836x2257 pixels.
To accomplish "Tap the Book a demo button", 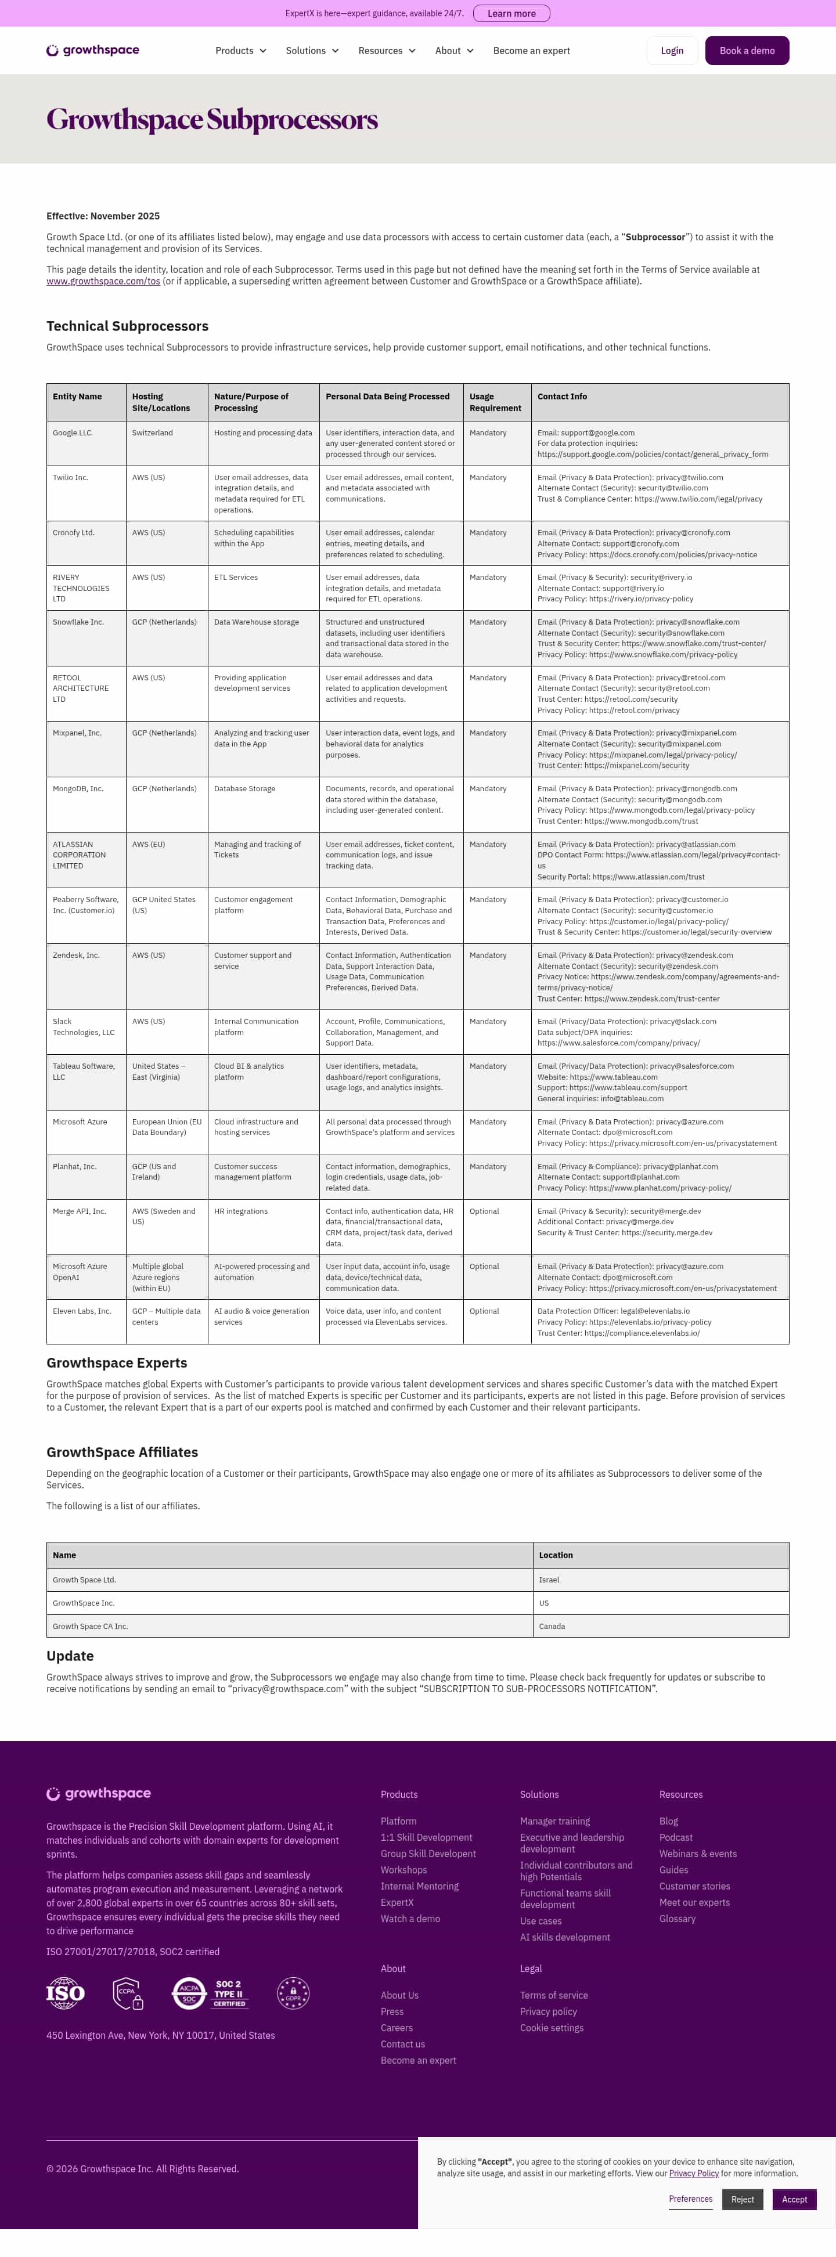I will click(x=747, y=51).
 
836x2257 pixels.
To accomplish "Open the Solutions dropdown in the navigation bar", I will click(x=312, y=51).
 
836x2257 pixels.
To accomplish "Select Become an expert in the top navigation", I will click(x=531, y=51).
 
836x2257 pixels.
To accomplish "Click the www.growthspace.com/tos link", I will click(x=103, y=281).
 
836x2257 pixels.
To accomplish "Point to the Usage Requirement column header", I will click(x=495, y=402).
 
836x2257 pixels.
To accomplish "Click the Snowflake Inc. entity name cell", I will click(x=78, y=622).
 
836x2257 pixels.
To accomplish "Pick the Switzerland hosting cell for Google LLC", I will click(x=153, y=433).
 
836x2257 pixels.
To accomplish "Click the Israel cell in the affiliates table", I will click(x=549, y=1580).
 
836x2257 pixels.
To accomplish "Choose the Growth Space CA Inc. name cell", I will click(x=90, y=1626).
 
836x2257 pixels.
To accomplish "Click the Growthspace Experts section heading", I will click(x=117, y=1362).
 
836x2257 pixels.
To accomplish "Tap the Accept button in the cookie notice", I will click(x=794, y=2198).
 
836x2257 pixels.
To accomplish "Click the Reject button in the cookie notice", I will click(x=742, y=2198).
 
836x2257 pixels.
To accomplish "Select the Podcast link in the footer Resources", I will click(x=676, y=1837).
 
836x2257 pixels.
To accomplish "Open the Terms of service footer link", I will click(x=554, y=1995).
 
